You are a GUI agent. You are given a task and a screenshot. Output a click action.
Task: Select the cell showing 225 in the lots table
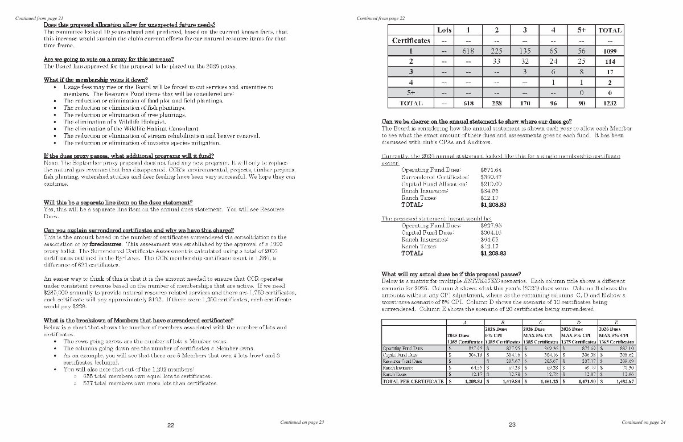click(x=496, y=51)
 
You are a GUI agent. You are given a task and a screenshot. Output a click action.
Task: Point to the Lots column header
click(x=443, y=30)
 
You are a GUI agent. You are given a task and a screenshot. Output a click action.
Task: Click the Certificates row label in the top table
click(x=411, y=40)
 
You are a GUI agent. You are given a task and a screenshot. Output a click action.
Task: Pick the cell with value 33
click(x=496, y=62)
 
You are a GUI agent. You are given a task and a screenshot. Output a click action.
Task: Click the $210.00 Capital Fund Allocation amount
click(x=491, y=184)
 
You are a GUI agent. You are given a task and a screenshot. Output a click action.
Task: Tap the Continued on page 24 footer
click(x=643, y=422)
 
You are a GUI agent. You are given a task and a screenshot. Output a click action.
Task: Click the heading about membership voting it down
click(x=96, y=79)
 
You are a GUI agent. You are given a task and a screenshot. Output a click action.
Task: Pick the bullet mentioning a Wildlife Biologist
click(x=114, y=121)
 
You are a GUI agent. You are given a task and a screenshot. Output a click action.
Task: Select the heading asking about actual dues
click(x=451, y=274)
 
